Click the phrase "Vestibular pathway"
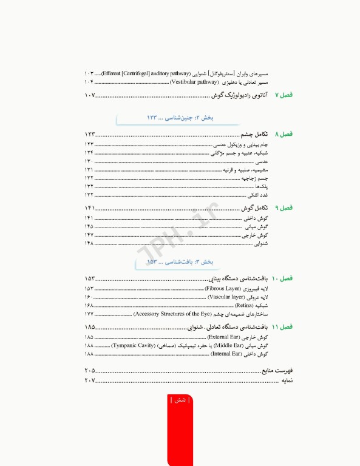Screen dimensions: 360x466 (x=194, y=81)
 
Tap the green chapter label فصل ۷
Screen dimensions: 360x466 (x=284, y=95)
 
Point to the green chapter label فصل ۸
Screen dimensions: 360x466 (x=284, y=133)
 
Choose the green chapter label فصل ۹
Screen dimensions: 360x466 (x=284, y=208)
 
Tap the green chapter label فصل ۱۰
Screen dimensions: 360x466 (x=282, y=279)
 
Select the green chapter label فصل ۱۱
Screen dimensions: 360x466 (x=282, y=326)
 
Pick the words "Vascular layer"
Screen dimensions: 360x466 (x=226, y=297)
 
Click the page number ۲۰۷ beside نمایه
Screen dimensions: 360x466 (x=90, y=380)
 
